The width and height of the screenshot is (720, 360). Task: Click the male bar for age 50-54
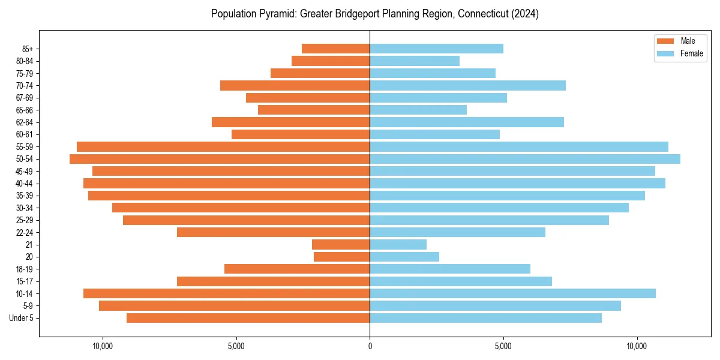click(220, 159)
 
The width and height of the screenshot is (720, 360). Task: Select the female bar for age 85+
click(436, 49)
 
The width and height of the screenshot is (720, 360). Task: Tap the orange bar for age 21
click(341, 245)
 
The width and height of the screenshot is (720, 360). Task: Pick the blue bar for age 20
click(404, 257)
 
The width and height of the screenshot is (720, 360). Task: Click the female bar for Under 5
click(485, 318)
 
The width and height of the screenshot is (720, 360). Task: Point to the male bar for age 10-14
click(226, 293)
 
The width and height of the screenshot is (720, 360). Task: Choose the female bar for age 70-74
click(467, 85)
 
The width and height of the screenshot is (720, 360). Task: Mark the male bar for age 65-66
click(314, 110)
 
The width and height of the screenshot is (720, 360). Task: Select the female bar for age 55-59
click(519, 146)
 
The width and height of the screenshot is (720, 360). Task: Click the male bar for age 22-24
click(273, 232)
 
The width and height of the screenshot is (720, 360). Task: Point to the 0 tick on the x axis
click(370, 346)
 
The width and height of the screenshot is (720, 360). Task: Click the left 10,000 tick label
click(103, 346)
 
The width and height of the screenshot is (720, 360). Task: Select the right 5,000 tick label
click(503, 346)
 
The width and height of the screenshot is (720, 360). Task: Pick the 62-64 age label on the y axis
click(25, 122)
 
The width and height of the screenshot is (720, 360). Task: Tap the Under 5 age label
click(21, 318)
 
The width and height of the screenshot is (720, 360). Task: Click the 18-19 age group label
click(25, 269)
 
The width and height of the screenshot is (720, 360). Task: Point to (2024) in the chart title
click(525, 14)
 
